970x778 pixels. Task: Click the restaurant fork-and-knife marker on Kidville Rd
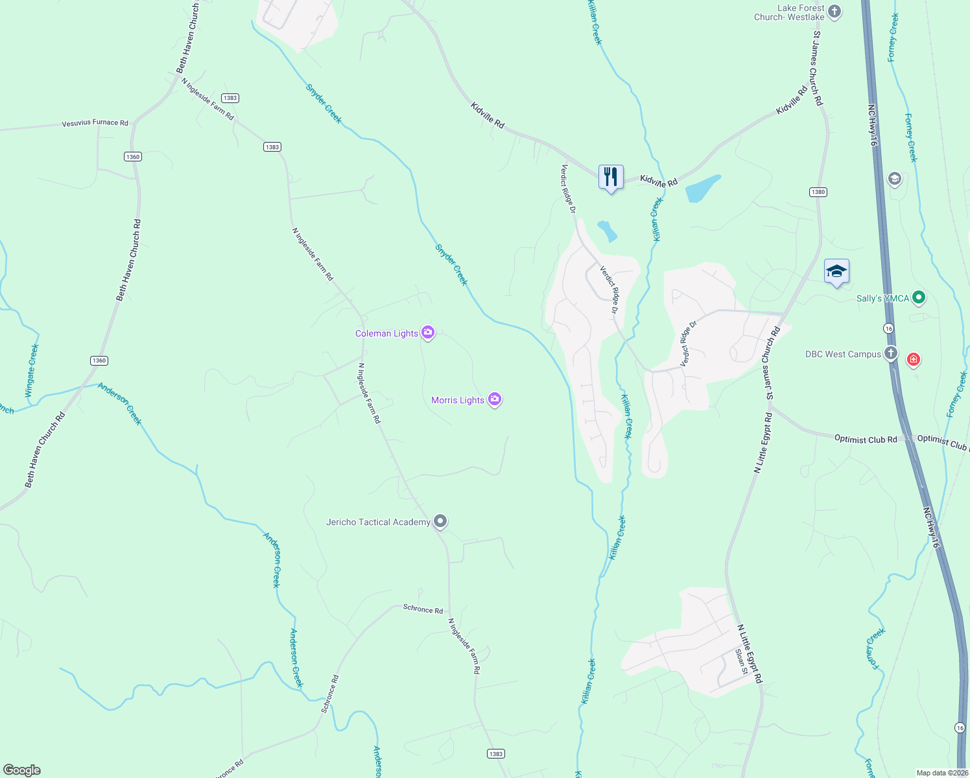(611, 177)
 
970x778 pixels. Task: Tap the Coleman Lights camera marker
(427, 333)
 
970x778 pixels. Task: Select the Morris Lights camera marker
(495, 400)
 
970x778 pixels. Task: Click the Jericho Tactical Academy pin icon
(440, 521)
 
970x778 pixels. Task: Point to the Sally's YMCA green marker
(918, 298)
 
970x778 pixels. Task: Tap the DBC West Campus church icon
(891, 353)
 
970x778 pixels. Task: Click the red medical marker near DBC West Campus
(914, 359)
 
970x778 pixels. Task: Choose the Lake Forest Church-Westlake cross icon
(834, 11)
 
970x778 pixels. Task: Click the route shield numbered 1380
(818, 192)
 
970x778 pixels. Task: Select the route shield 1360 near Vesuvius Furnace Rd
(132, 157)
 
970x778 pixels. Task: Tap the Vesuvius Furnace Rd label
(95, 123)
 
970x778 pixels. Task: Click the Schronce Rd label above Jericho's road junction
(423, 609)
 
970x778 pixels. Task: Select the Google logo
(22, 770)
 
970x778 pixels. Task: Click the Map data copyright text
(941, 773)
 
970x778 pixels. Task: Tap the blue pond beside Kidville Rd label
(702, 189)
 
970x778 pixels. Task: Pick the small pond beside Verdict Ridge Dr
(608, 231)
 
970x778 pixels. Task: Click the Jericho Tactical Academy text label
(378, 522)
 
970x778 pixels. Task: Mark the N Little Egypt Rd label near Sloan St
(750, 654)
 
